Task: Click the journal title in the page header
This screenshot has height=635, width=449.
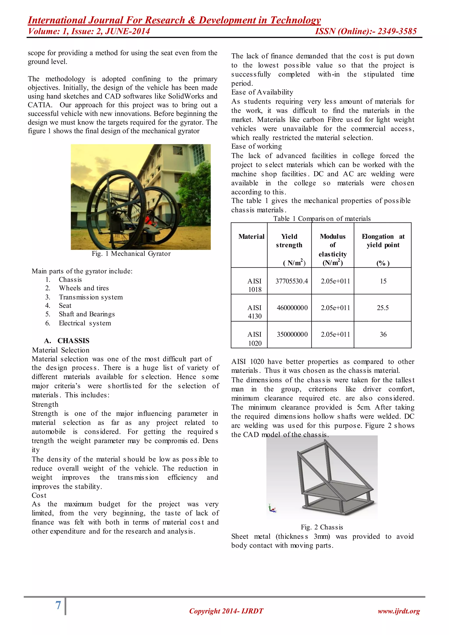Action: coord(174,20)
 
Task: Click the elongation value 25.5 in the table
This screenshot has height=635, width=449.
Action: coord(383,308)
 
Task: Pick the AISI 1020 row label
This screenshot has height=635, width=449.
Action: coord(254,339)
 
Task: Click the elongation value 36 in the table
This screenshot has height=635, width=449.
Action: coord(383,334)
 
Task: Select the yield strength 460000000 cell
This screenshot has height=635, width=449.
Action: coord(292,308)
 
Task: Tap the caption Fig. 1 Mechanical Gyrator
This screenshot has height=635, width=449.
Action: coord(131,254)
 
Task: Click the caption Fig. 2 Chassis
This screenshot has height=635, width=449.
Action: coord(322,527)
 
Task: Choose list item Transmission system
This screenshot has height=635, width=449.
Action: coord(91,297)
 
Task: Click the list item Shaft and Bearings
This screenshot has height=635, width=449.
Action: coord(87,314)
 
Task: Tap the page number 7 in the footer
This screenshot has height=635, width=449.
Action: coord(58,605)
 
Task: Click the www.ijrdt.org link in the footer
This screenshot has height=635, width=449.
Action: coord(399,611)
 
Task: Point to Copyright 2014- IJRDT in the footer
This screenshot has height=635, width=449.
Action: coord(226,611)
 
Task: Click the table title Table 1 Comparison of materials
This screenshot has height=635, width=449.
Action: coord(322,218)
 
